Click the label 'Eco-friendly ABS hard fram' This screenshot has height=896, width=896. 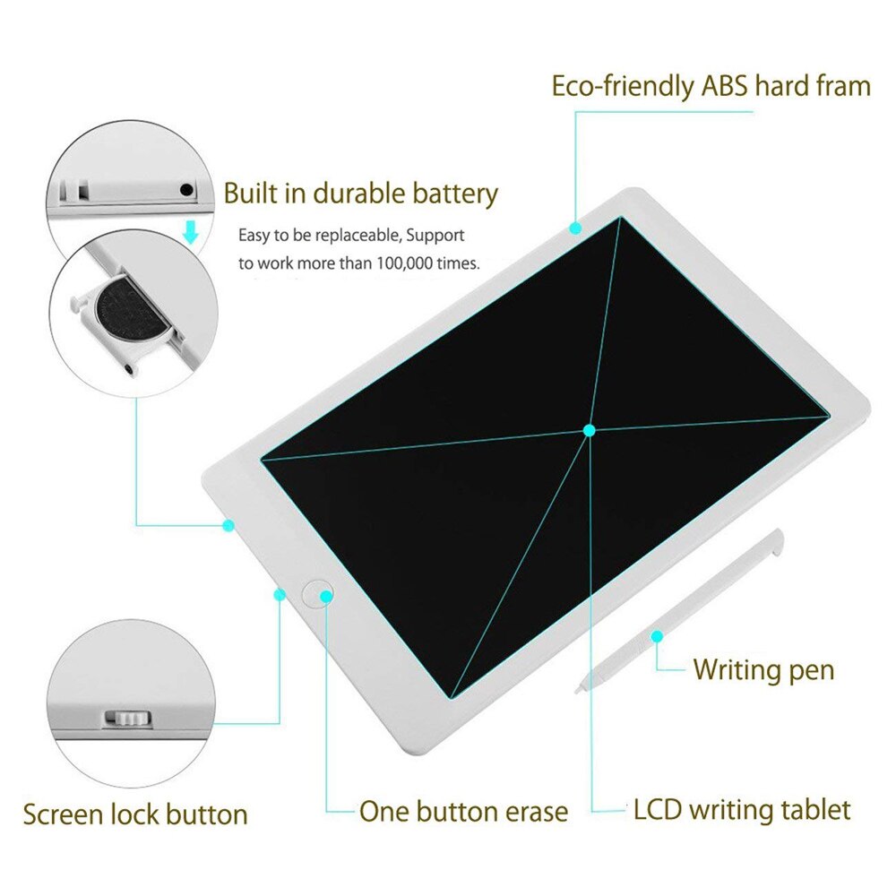click(711, 87)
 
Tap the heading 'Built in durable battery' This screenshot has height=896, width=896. click(360, 193)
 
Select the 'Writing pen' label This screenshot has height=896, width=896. click(763, 668)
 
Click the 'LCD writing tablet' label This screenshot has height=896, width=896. click(742, 811)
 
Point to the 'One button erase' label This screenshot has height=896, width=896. click(463, 812)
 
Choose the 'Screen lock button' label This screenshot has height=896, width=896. click(135, 814)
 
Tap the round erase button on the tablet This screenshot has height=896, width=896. click(318, 593)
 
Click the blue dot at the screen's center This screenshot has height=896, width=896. click(589, 430)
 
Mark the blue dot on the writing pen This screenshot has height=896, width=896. click(657, 635)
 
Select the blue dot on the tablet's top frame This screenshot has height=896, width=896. click(575, 228)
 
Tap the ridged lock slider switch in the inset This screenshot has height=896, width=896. click(127, 719)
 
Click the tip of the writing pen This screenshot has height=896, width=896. click(580, 688)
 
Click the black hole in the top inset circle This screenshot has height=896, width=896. click(186, 189)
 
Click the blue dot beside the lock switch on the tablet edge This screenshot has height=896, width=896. click(279, 593)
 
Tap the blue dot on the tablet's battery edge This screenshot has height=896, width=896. click(228, 525)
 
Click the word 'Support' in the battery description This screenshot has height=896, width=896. click(436, 237)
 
